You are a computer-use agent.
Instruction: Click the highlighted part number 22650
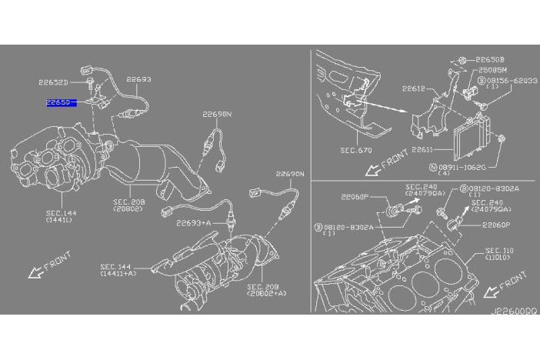60,102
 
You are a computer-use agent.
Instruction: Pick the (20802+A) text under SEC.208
266,294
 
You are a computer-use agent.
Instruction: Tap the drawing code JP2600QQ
513,314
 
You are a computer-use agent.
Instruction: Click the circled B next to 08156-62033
481,79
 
